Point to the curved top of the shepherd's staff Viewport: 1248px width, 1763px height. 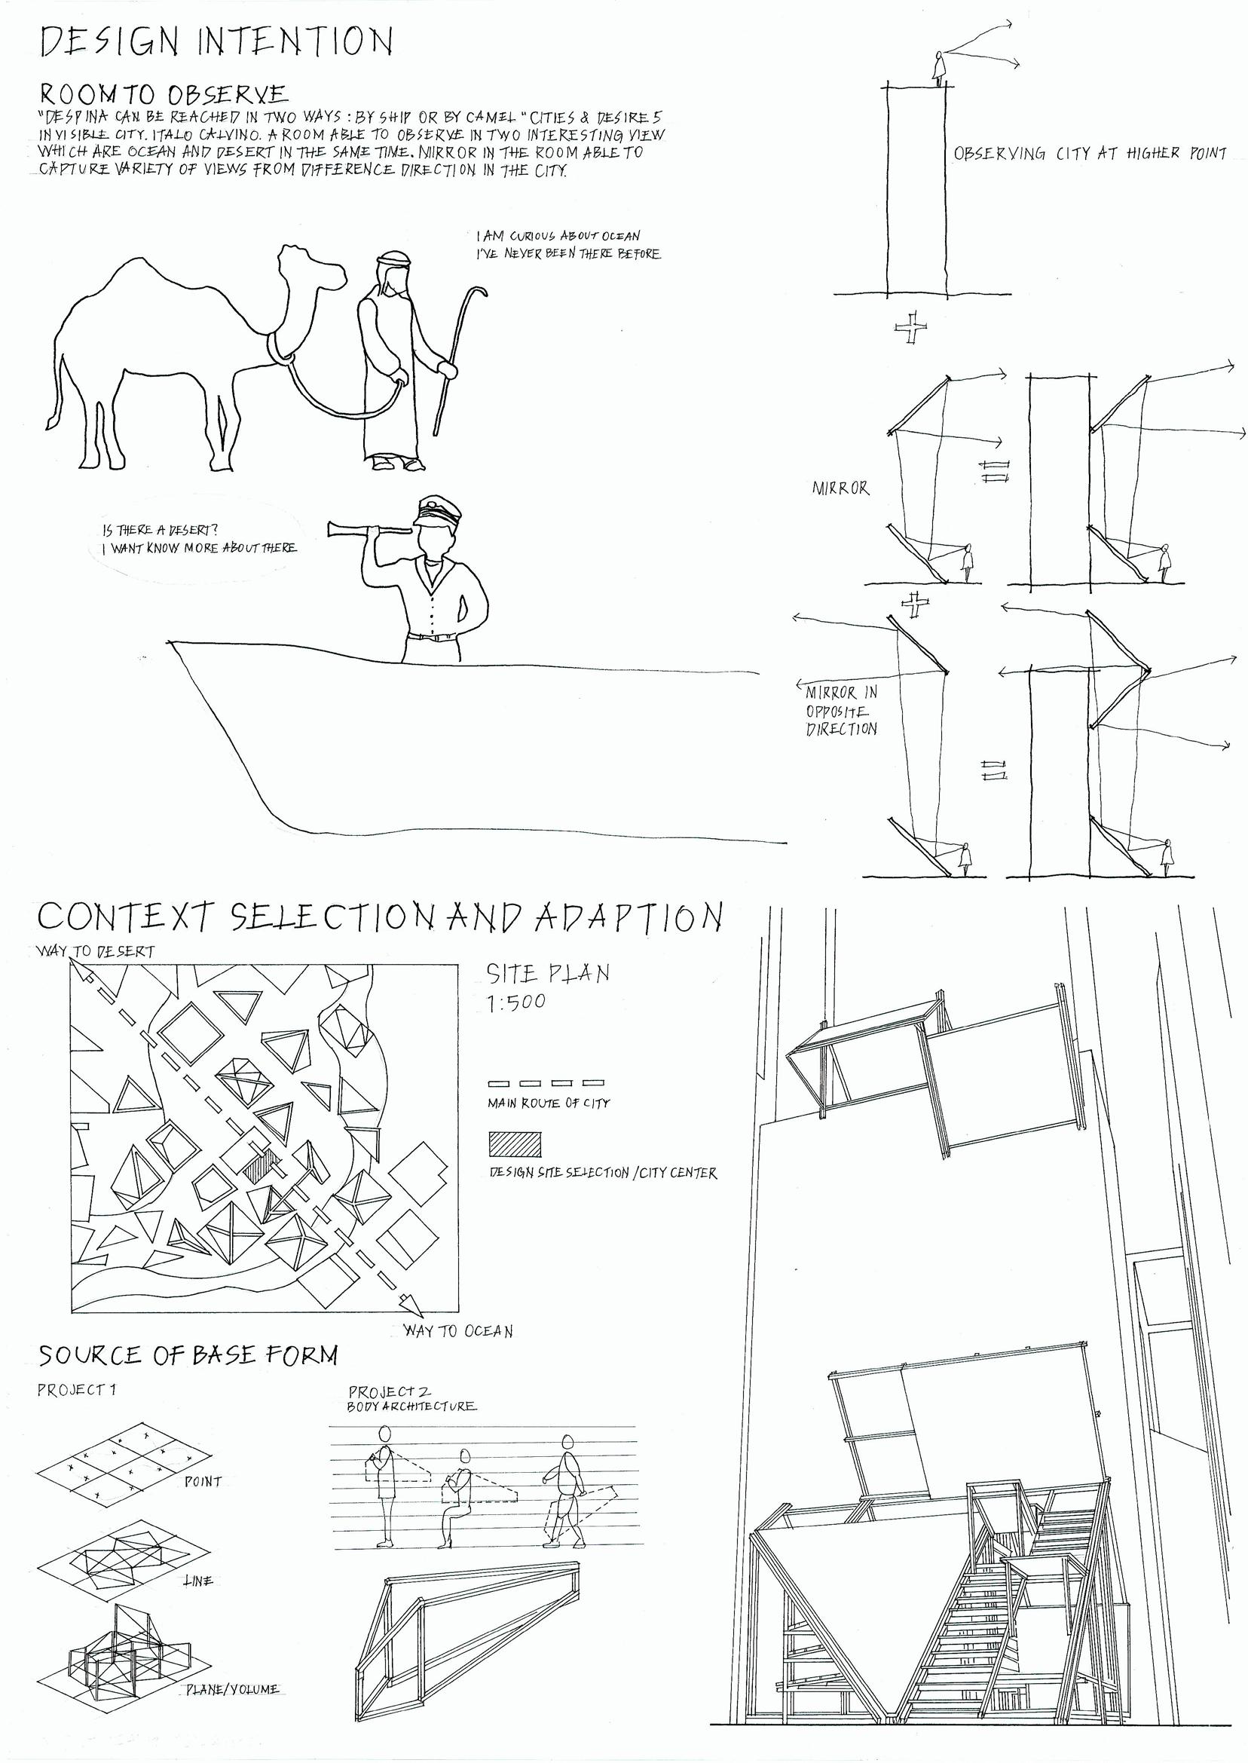pos(478,297)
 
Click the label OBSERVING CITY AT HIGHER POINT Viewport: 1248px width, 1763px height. pos(1090,154)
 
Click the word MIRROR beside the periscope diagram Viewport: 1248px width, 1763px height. pos(841,488)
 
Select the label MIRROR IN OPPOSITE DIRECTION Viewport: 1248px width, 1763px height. pos(842,710)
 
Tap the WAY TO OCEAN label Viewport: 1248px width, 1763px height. pos(459,1330)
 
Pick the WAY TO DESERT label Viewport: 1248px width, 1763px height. pos(95,950)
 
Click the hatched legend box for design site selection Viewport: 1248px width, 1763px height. pos(514,1143)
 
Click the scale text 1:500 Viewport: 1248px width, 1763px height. pos(515,1002)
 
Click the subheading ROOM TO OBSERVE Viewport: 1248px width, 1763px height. pos(164,94)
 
